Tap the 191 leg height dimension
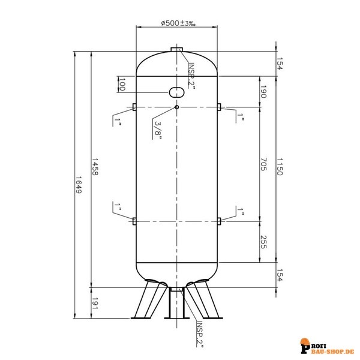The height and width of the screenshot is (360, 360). [95, 305]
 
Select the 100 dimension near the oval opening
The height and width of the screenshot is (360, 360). [122, 85]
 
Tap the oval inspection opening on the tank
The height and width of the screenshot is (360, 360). [178, 91]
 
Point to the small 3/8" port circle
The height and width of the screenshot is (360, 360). [177, 107]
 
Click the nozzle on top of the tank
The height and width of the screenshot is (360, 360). [177, 50]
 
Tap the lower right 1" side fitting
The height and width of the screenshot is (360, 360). [220, 221]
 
